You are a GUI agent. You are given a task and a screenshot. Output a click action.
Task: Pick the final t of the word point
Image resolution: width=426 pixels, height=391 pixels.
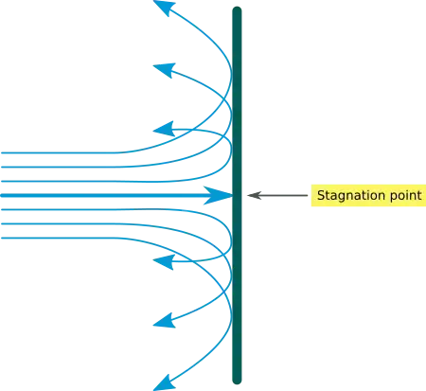point(417,196)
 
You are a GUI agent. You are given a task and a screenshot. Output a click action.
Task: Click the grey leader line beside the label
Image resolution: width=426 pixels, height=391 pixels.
point(278,197)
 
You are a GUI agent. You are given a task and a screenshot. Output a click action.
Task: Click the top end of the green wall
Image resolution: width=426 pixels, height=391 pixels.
point(235,4)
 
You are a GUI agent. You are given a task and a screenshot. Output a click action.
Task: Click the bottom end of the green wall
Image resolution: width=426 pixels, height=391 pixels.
point(235,386)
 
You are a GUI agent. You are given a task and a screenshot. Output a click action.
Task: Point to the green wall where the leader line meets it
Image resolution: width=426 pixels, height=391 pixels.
point(240,197)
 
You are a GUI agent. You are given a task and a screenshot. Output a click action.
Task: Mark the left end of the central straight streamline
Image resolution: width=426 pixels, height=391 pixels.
point(2,196)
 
